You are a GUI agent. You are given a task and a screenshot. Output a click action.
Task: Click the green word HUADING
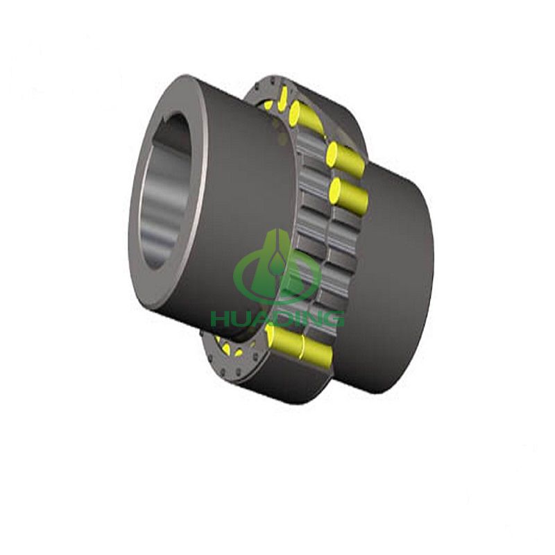pos(277,318)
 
